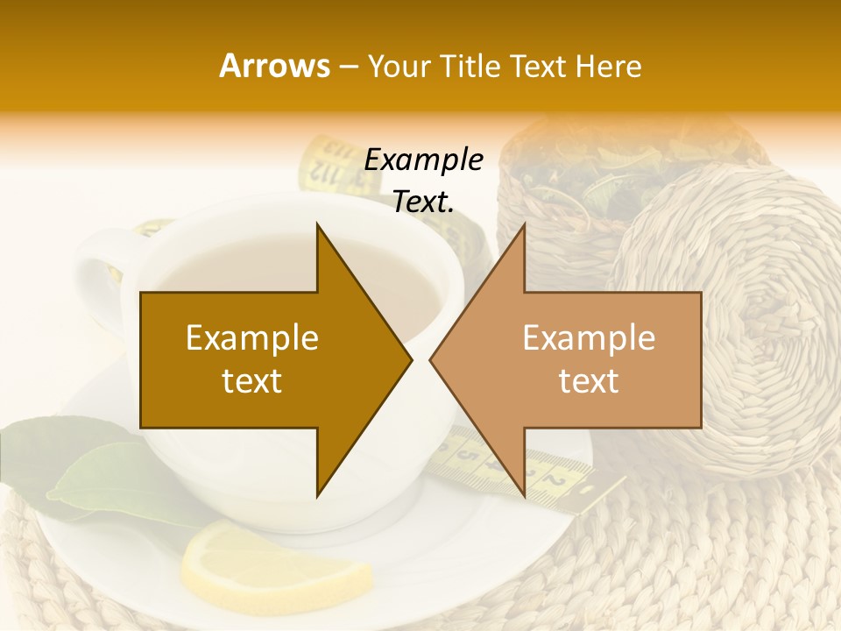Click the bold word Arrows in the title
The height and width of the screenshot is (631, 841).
(x=274, y=66)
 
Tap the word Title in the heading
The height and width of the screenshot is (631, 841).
(x=470, y=67)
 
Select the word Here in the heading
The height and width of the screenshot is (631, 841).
(x=608, y=67)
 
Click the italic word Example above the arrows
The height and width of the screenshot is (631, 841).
(x=424, y=160)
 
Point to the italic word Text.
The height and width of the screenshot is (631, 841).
(x=423, y=202)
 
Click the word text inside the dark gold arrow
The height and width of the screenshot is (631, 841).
(x=252, y=381)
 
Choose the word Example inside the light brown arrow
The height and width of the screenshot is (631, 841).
(x=589, y=338)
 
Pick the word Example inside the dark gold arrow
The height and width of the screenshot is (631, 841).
(x=252, y=338)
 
